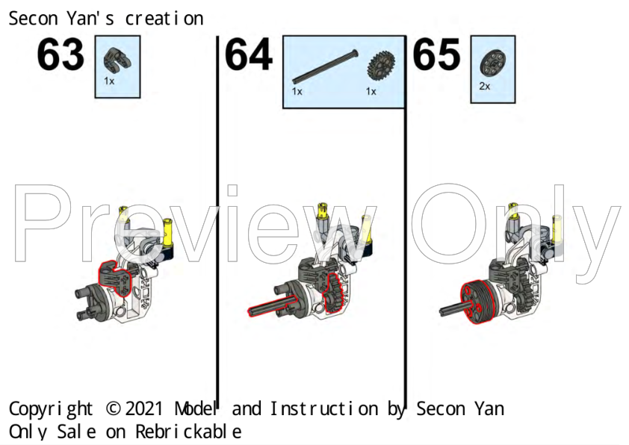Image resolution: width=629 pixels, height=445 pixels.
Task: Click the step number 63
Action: coord(61,56)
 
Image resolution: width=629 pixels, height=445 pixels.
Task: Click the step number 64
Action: coord(248,56)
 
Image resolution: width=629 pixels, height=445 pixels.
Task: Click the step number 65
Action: coord(436,56)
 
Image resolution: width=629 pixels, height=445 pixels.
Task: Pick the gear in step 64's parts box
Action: coord(380,66)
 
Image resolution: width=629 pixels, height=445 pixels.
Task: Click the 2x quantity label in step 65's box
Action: coord(484,87)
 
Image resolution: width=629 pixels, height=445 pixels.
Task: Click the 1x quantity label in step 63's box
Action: coord(109,81)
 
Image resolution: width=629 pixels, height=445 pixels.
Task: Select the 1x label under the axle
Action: coord(297,92)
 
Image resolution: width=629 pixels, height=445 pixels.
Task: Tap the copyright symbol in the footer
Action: coord(113,409)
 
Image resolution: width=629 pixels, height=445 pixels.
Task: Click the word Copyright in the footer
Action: coord(51,409)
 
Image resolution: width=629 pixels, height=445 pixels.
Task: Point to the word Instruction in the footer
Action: coord(323,409)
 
